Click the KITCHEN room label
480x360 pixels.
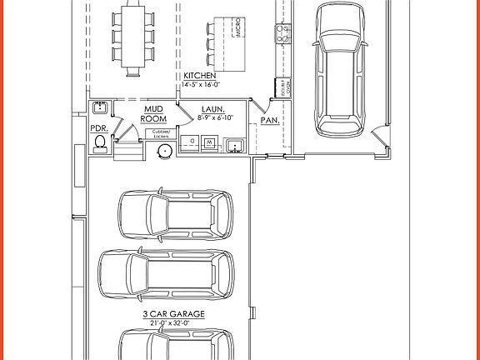point(199,76)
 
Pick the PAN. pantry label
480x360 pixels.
point(269,120)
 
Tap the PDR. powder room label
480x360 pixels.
point(99,128)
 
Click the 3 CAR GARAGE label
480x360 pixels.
point(173,314)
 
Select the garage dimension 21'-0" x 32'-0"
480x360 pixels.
point(174,323)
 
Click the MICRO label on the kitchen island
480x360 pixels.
point(237,29)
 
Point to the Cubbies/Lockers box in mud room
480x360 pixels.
point(162,133)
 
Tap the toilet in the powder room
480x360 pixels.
point(101,144)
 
